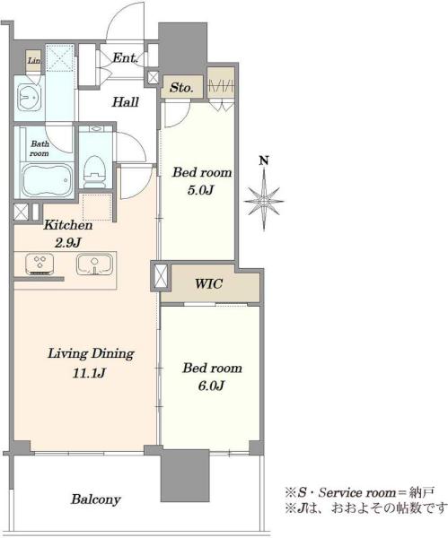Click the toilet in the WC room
[x=93, y=171]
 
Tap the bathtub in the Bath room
[x=48, y=180]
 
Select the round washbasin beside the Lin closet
[x=30, y=97]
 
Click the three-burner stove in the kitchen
[x=40, y=264]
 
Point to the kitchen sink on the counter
[x=94, y=265]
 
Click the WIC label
[x=209, y=284]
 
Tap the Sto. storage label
[x=181, y=88]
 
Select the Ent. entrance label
[x=126, y=57]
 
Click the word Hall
[x=126, y=102]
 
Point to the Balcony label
[x=96, y=499]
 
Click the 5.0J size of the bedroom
[x=201, y=190]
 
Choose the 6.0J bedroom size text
[x=211, y=386]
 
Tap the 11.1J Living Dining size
[x=89, y=373]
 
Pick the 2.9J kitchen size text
[x=67, y=243]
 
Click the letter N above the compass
[x=264, y=161]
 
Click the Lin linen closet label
[x=34, y=61]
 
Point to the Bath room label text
[x=40, y=149]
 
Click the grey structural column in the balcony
[x=185, y=475]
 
